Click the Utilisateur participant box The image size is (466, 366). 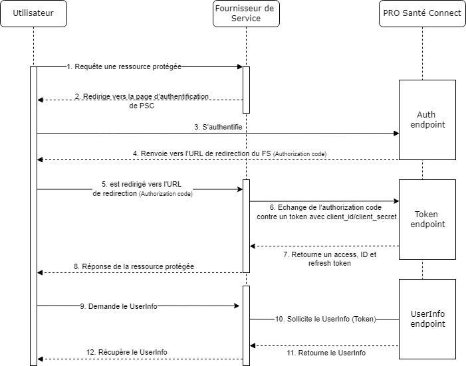click(33, 14)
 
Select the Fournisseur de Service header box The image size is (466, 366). click(245, 14)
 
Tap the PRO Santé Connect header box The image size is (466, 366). click(421, 14)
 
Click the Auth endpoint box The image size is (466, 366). click(426, 119)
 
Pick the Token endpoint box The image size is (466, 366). click(426, 219)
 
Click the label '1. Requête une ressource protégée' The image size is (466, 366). click(124, 66)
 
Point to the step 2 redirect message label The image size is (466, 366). click(141, 101)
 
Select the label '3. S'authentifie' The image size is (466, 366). click(218, 126)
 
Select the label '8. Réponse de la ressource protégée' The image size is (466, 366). click(134, 266)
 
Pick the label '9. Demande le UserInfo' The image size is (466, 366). click(118, 306)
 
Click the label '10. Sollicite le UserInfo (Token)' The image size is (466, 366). click(325, 319)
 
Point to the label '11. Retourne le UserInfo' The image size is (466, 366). click(326, 353)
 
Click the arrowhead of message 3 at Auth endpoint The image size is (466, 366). click(396, 133)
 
